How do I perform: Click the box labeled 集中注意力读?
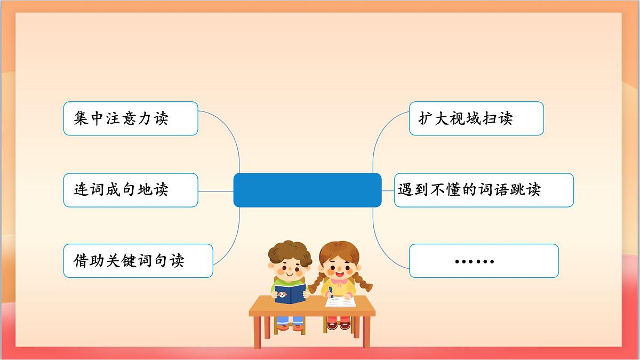[x=131, y=118]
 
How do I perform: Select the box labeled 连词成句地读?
[x=131, y=190]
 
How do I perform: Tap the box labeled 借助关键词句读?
[x=138, y=261]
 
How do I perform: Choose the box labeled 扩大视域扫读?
[x=476, y=118]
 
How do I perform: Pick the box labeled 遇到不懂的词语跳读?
[x=484, y=190]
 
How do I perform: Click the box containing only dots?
[x=484, y=261]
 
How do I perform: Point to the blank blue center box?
[x=307, y=190]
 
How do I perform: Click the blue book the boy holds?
[x=290, y=293]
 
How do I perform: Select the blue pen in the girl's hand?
[x=331, y=291]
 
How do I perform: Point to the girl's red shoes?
[x=339, y=324]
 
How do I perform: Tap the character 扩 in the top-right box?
[x=425, y=118]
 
